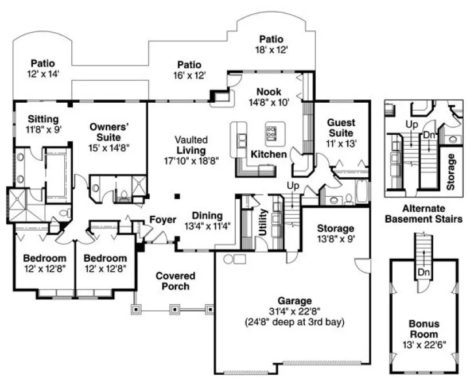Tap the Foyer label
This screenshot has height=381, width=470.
pos(162,220)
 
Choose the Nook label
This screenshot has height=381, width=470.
pos(269,91)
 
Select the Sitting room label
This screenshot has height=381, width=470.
pos(42,119)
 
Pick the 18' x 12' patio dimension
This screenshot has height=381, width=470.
pos(271,50)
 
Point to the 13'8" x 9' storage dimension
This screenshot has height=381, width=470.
pos(336,238)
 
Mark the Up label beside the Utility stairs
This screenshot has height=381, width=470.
pos(292,186)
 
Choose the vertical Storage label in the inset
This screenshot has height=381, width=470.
pos(451,171)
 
